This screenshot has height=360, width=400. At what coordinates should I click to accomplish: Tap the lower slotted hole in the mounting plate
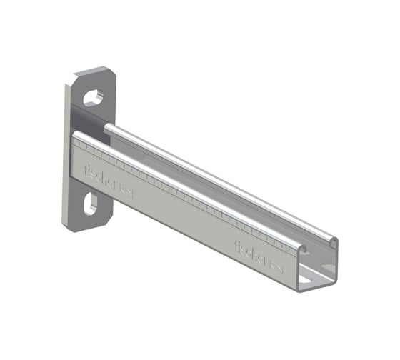[90, 205]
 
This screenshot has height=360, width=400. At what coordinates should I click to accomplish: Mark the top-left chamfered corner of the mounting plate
[74, 77]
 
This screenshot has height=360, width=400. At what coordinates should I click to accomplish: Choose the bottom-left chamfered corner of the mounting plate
[66, 226]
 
